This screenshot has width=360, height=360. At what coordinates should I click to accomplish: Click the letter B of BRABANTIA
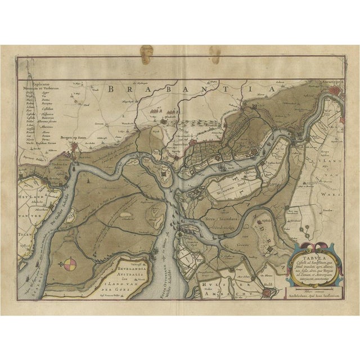pos(110,88)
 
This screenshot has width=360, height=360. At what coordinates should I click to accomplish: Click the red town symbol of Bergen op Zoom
pos(75,147)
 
